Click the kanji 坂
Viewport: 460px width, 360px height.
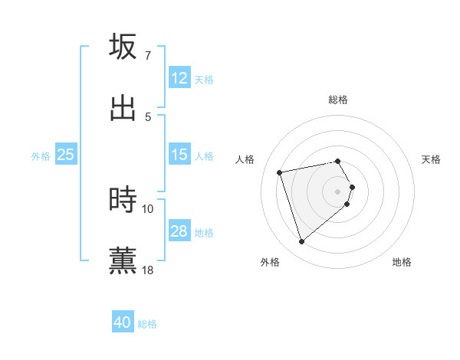pyautogui.click(x=123, y=47)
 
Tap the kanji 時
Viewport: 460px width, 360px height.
pyautogui.click(x=123, y=201)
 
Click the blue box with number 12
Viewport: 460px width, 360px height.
pyautogui.click(x=179, y=78)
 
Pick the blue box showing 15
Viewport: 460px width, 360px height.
pyautogui.click(x=179, y=155)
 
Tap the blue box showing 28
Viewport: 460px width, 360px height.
pyautogui.click(x=179, y=231)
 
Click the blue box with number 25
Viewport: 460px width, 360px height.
pyautogui.click(x=65, y=155)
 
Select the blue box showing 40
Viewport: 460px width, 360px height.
pyautogui.click(x=123, y=322)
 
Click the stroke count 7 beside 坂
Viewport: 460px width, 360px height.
pyautogui.click(x=148, y=56)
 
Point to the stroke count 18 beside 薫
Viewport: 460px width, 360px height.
pyautogui.click(x=148, y=270)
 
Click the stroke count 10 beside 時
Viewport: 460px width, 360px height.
pyautogui.click(x=148, y=208)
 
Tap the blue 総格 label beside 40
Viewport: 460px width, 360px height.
pyautogui.click(x=147, y=324)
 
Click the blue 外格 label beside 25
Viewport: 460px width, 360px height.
pyautogui.click(x=41, y=156)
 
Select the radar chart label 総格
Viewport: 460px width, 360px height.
pyautogui.click(x=338, y=100)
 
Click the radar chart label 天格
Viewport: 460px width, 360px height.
pyautogui.click(x=432, y=159)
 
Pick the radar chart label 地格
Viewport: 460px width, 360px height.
pyautogui.click(x=402, y=262)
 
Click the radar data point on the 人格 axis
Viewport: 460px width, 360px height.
pyautogui.click(x=280, y=172)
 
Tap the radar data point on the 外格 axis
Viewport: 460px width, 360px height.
pyautogui.click(x=301, y=242)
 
